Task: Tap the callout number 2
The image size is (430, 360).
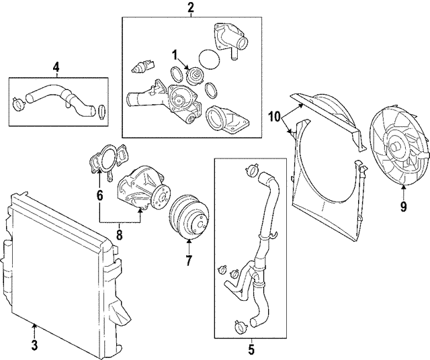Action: pos(190,8)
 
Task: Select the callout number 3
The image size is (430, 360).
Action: pos(34,347)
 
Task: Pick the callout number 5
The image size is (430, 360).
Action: pos(251,349)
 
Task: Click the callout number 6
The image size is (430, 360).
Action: pos(99,196)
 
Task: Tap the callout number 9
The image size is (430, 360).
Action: pos(403,207)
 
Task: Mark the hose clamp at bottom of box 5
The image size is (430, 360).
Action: pos(240,328)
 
